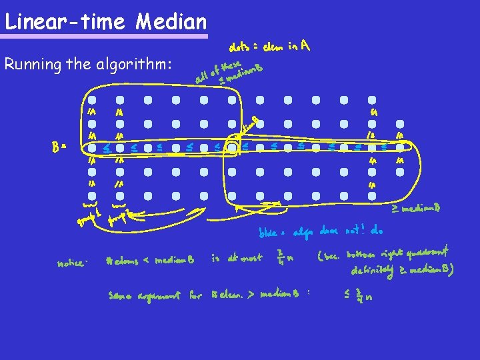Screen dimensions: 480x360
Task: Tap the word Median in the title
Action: (171, 22)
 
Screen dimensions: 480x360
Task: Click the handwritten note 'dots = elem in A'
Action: (269, 47)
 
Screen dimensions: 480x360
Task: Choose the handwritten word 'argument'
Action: (159, 295)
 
